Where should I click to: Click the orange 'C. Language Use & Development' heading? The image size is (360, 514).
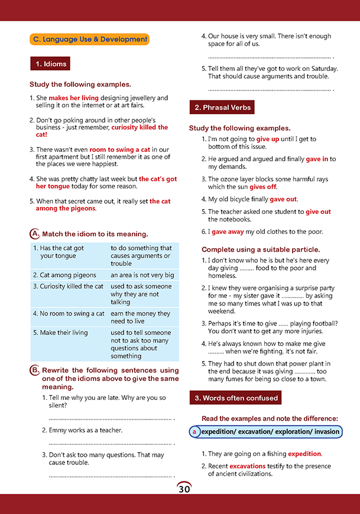tap(89, 40)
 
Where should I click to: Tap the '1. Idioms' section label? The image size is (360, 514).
tap(50, 64)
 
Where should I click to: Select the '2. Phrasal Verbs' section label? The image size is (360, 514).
tap(222, 107)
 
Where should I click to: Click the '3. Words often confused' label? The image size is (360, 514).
tap(235, 398)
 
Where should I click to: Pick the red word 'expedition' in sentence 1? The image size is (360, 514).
tap(304, 454)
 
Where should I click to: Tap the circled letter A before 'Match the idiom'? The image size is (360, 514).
tap(34, 233)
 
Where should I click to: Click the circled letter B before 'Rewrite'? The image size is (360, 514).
tap(34, 370)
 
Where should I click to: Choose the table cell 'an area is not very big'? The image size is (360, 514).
tap(142, 275)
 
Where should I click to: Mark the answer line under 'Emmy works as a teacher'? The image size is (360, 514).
tap(111, 443)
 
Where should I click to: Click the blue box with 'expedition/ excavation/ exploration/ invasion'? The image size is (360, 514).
tap(266, 432)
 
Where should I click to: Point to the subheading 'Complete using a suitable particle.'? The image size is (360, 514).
tap(261, 249)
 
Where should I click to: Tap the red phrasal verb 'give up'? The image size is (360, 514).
tap(268, 139)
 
